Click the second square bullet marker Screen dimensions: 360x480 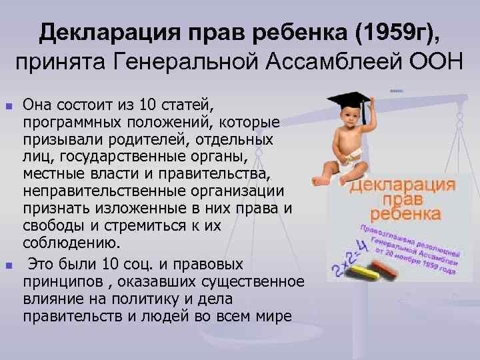pos(8,265)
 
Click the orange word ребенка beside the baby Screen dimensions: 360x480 pos(405,214)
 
